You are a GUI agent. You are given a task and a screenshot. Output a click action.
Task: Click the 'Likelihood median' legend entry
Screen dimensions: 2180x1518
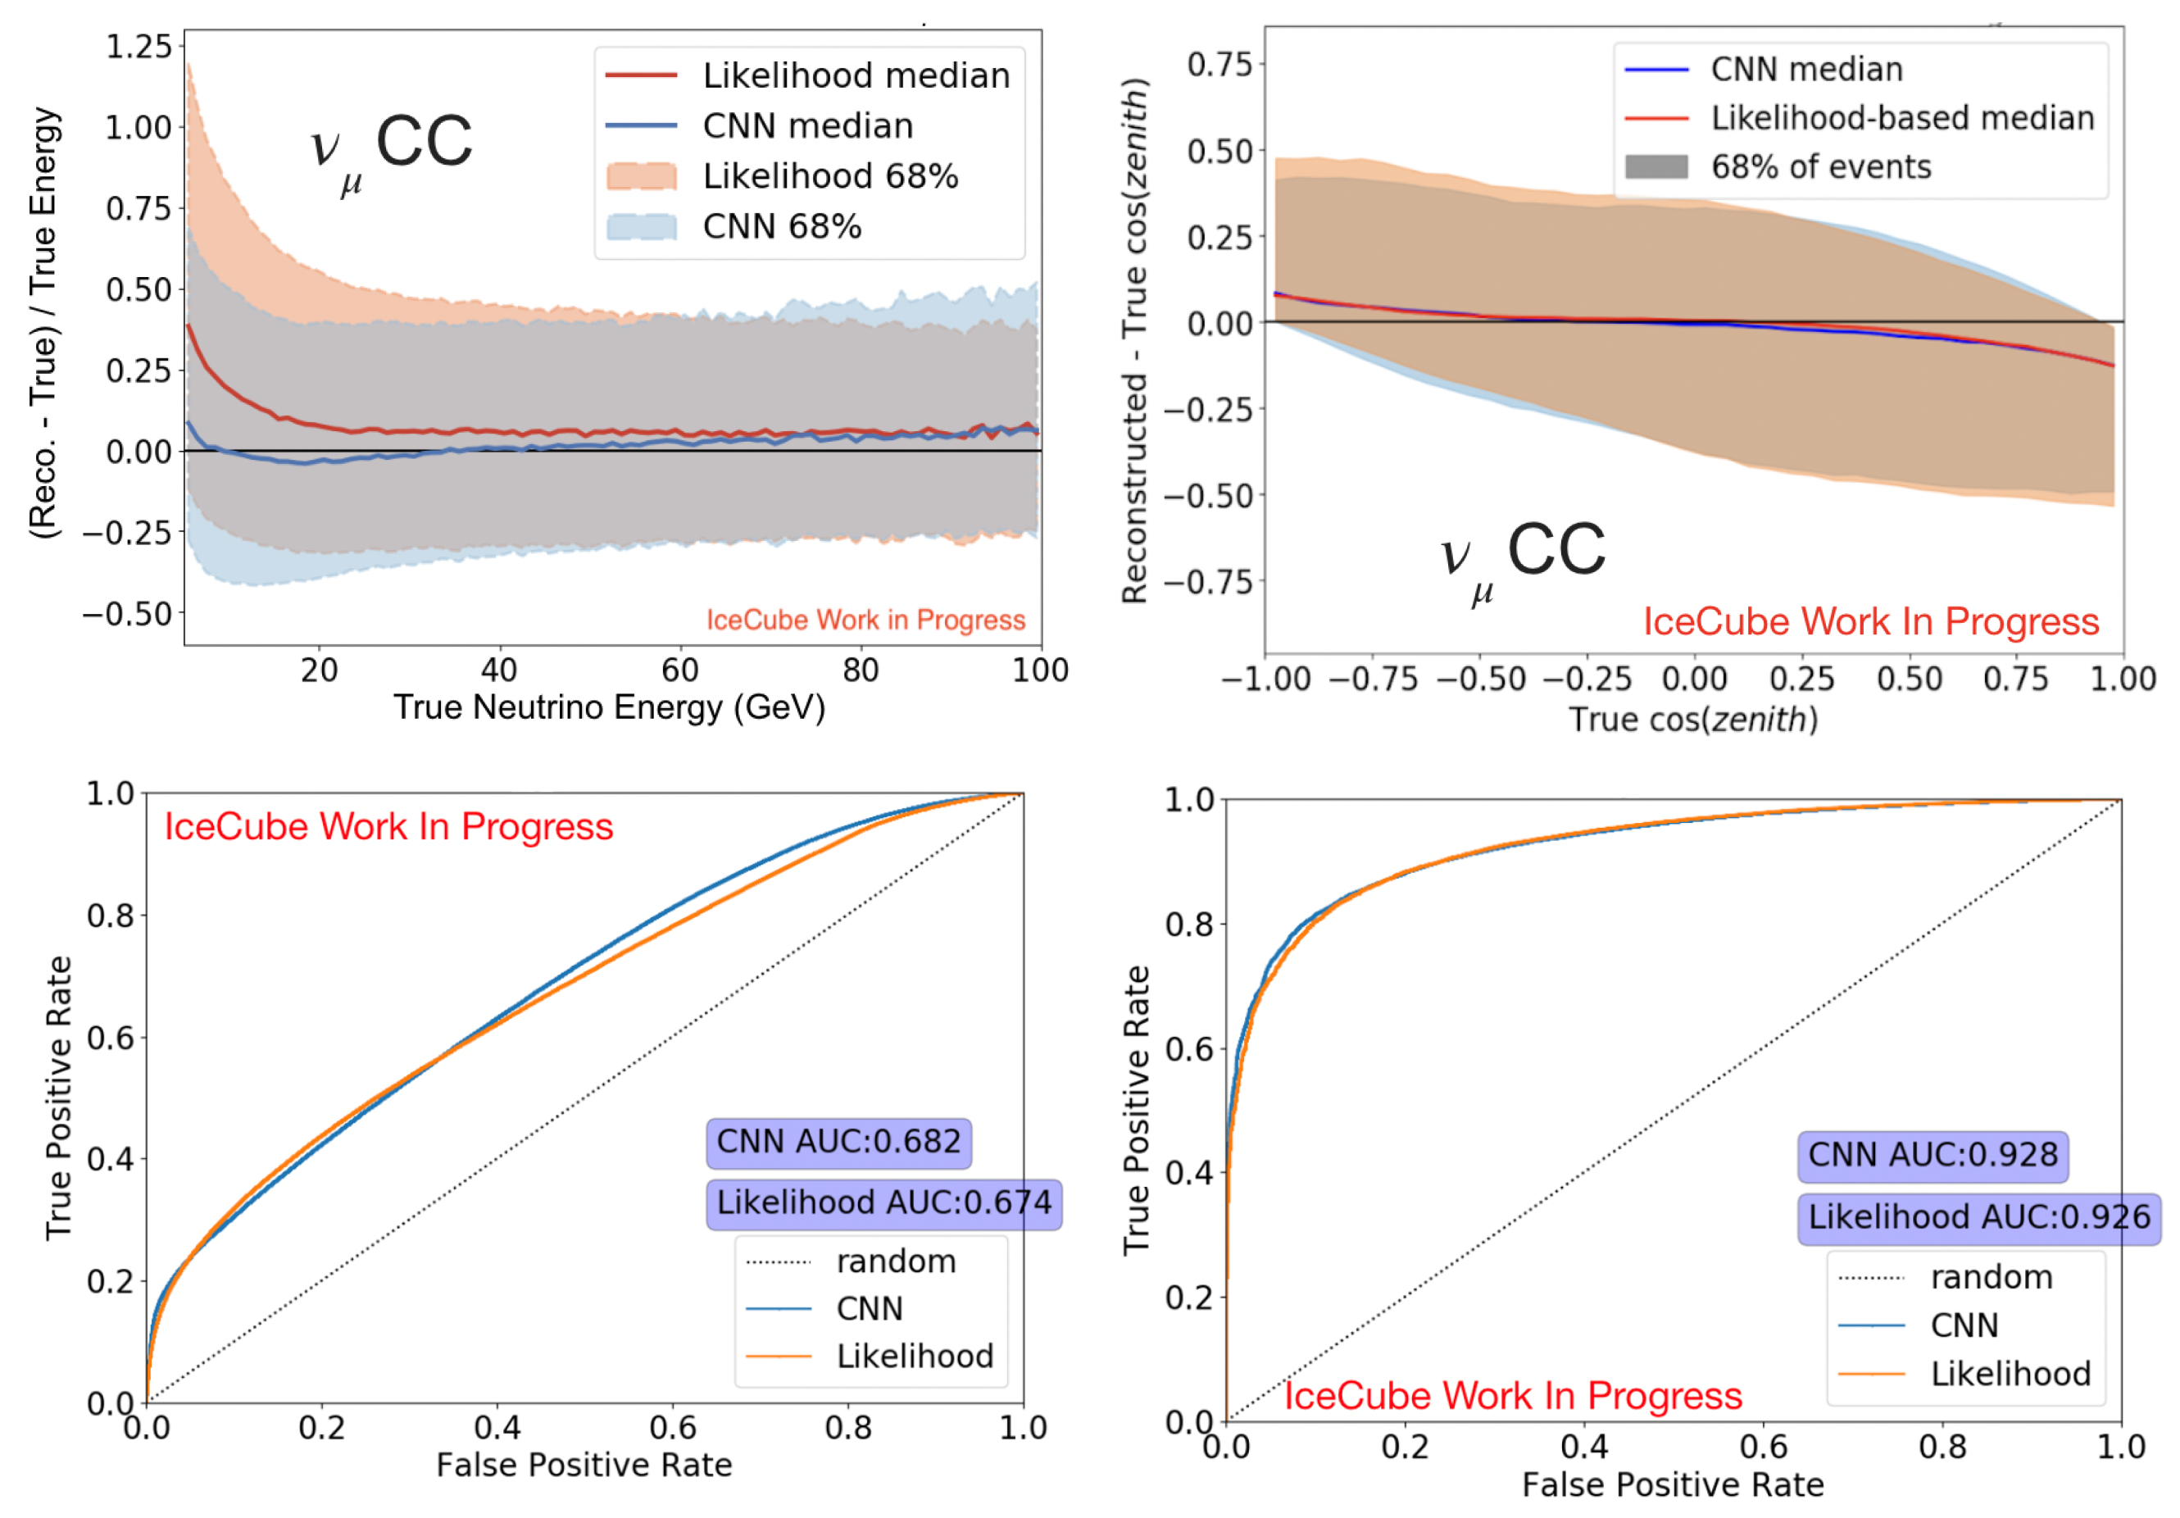[808, 75]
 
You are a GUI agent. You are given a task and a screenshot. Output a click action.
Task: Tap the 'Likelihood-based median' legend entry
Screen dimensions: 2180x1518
[1859, 118]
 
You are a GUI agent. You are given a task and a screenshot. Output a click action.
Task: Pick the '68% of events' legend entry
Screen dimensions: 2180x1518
[1778, 167]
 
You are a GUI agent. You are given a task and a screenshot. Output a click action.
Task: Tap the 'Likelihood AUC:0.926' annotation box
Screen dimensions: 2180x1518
[1978, 1218]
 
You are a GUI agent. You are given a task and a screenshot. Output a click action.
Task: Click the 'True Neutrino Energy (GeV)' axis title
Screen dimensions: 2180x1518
[610, 708]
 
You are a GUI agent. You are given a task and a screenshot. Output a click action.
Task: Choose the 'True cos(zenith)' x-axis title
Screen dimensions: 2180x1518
[1693, 720]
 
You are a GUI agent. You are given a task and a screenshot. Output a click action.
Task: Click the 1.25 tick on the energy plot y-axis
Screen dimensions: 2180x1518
[139, 47]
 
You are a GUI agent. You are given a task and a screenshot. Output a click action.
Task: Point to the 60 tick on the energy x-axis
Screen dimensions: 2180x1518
[680, 670]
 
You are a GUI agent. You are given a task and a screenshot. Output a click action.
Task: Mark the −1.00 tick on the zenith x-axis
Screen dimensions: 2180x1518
[1265, 679]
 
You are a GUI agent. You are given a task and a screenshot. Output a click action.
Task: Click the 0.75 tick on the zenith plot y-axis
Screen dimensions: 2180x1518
[1220, 65]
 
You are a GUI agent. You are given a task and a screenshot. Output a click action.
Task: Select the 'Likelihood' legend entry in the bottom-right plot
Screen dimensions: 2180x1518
[1964, 1374]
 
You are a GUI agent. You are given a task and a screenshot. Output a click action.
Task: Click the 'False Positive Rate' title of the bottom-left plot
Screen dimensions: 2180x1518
[584, 1465]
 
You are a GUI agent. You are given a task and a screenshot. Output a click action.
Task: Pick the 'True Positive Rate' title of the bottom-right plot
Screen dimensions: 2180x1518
[1137, 1111]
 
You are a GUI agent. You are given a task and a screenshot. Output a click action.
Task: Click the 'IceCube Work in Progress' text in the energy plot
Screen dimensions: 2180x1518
[866, 620]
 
